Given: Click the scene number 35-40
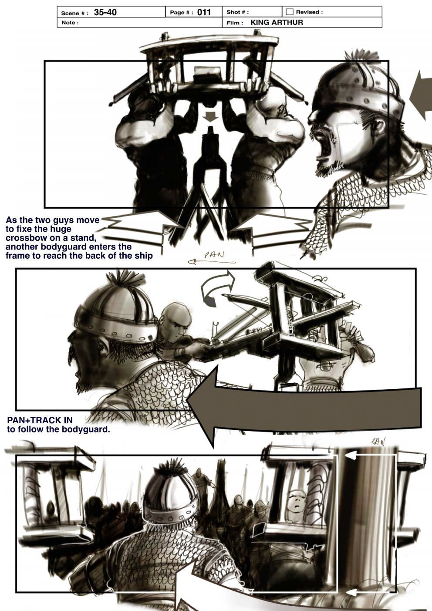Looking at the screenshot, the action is coord(105,12).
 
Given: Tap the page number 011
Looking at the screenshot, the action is coord(204,12).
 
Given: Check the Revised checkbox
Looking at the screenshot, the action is coord(290,12).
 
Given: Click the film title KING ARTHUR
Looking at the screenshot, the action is coord(277,22).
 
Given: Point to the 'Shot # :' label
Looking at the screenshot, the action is coord(237,12).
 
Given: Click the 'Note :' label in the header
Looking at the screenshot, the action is coord(70,23).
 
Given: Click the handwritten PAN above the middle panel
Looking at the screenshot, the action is coord(214,255).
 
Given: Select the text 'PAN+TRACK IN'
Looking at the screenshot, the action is coord(40,420).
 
